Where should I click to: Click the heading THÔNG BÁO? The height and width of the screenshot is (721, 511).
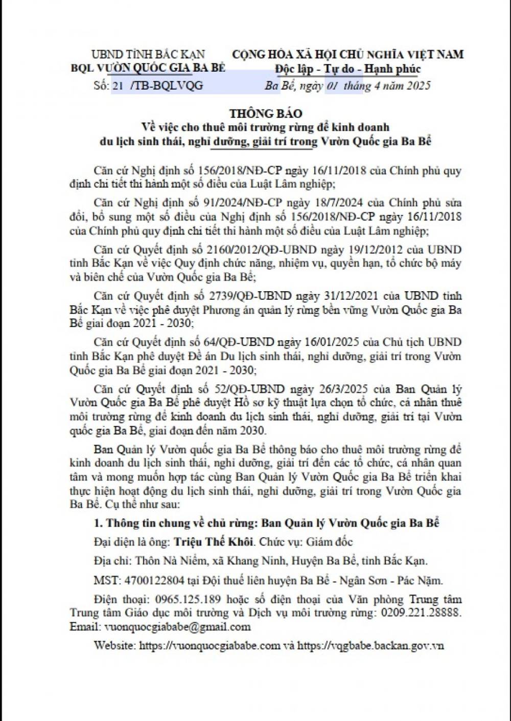pos(265,113)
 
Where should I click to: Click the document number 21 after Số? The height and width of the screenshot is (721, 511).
pos(118,85)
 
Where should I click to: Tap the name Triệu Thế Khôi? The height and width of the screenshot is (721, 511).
pos(213,541)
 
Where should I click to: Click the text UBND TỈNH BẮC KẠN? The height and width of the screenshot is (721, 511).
pos(148,54)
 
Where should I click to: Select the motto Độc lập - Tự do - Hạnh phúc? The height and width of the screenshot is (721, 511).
pos(347,69)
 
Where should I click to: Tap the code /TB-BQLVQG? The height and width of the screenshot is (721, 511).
pos(167,85)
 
